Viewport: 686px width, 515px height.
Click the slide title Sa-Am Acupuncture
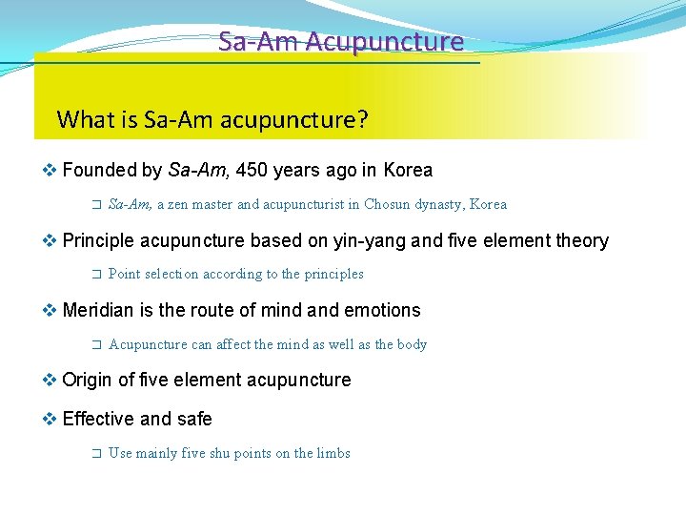point(340,42)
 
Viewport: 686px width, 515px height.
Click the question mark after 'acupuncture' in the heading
point(363,120)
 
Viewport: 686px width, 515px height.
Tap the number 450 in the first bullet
point(251,171)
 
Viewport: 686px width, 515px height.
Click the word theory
point(581,240)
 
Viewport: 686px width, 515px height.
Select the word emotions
point(380,310)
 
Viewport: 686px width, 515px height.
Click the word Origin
point(87,381)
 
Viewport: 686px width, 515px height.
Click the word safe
point(193,419)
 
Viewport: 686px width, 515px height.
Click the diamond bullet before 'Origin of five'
point(50,381)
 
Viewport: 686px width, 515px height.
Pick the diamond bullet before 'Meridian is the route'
point(50,310)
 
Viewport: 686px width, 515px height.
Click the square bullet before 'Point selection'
point(94,275)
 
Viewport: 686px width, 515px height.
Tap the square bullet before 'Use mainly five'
point(94,454)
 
